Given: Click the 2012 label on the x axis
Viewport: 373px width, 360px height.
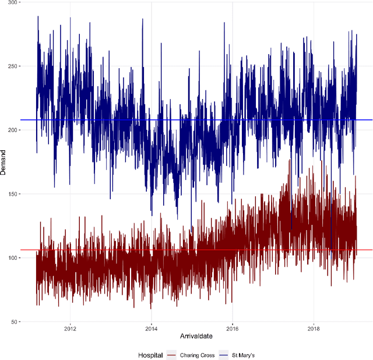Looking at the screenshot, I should pos(70,327).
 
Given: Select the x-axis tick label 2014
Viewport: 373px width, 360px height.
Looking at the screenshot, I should pos(151,327).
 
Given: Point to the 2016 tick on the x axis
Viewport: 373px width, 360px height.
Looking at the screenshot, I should pos(232,327).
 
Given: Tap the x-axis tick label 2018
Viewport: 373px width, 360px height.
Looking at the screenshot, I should pos(314,327).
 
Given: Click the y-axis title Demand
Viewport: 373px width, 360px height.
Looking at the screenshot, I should pos(5,162).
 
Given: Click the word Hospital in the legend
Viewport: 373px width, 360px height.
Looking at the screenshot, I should pos(151,355).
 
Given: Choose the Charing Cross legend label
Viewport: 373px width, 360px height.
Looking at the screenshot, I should pos(197,355).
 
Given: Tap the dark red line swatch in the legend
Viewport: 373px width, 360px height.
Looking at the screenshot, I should pos(171,355).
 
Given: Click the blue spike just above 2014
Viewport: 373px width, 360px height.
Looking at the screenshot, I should pos(142,20).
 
